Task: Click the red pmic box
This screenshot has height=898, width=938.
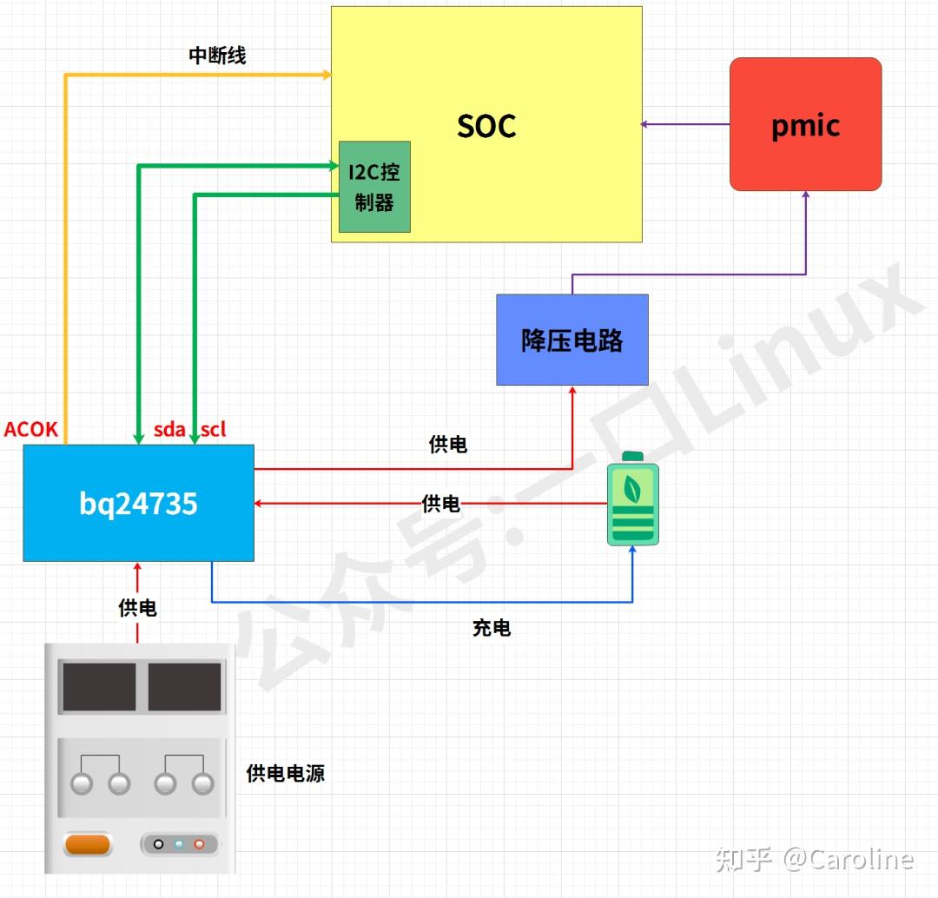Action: [805, 124]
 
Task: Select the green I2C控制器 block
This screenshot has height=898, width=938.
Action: [374, 187]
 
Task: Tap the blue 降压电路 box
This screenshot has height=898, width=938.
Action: [571, 340]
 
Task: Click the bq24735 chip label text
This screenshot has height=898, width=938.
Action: [138, 504]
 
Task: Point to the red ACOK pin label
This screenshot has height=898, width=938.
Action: [31, 429]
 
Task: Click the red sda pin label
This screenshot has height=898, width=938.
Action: [169, 429]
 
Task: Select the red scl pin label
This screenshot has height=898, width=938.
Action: [214, 429]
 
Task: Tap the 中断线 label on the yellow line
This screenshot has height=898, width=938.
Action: [217, 56]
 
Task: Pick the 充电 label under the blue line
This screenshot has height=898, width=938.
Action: [492, 628]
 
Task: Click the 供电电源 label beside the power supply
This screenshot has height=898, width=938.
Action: [286, 773]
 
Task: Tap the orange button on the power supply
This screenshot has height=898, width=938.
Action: [88, 844]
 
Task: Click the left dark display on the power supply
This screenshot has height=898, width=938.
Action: [99, 687]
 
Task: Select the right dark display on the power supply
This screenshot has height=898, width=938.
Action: [184, 687]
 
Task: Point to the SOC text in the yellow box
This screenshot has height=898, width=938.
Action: [486, 127]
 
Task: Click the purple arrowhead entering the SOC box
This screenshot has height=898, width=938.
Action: [644, 124]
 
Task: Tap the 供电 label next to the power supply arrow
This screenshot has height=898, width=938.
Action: [137, 608]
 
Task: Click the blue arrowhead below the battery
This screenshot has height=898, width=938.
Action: [632, 551]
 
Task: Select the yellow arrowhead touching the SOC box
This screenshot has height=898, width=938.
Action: [327, 75]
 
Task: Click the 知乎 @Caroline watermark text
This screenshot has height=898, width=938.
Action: [814, 859]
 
